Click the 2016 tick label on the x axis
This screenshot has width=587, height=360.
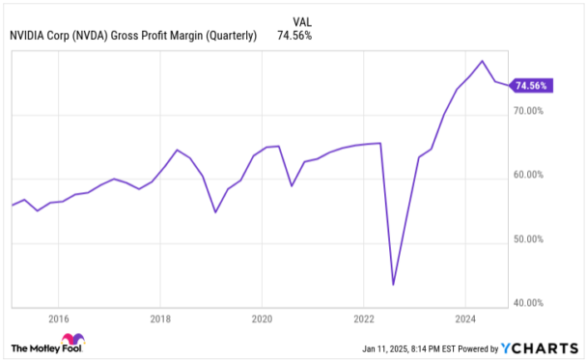(x=59, y=318)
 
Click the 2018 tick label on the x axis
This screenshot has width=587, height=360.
(x=161, y=318)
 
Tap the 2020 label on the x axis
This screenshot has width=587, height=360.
(x=263, y=318)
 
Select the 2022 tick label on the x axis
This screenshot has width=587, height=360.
(x=364, y=318)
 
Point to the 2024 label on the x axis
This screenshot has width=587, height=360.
(x=465, y=318)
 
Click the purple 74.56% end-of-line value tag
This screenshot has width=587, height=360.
(x=531, y=86)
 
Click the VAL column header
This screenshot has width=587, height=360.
(x=301, y=19)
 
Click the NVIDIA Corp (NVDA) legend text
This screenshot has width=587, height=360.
(x=132, y=36)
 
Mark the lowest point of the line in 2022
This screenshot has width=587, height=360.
(x=393, y=285)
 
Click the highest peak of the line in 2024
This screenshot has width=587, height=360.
(x=482, y=61)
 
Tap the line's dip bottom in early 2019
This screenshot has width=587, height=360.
(x=215, y=211)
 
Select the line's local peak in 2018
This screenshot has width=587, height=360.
(x=177, y=150)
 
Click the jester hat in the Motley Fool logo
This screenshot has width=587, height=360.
(x=72, y=343)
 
